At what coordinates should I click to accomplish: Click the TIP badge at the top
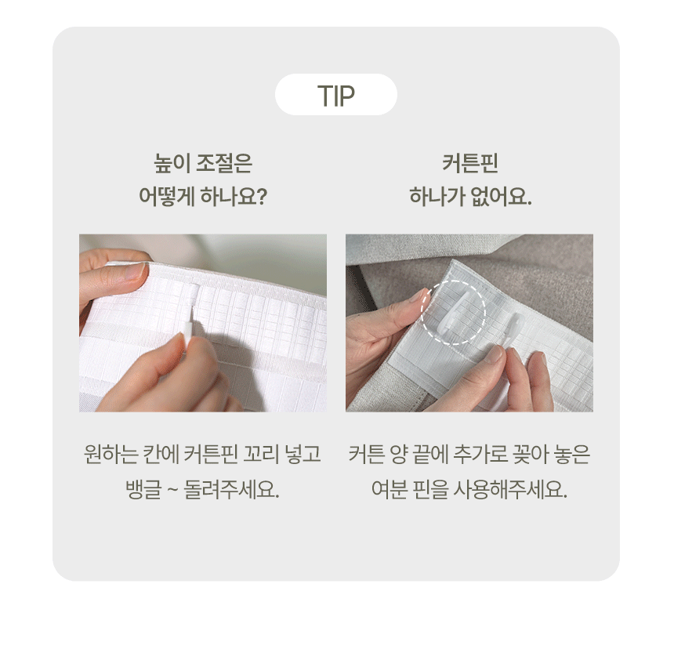pyautogui.click(x=335, y=95)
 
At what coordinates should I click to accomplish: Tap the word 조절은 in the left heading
pyautogui.click(x=224, y=163)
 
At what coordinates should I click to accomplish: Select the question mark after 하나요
pyautogui.click(x=262, y=197)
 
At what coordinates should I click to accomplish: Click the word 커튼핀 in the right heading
pyautogui.click(x=469, y=163)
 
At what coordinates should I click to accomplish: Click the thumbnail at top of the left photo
pyautogui.click(x=136, y=272)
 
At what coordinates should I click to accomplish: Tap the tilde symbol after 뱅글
pyautogui.click(x=172, y=491)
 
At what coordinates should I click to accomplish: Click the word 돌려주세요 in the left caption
pyautogui.click(x=231, y=489)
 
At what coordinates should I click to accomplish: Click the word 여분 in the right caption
pyautogui.click(x=389, y=489)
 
